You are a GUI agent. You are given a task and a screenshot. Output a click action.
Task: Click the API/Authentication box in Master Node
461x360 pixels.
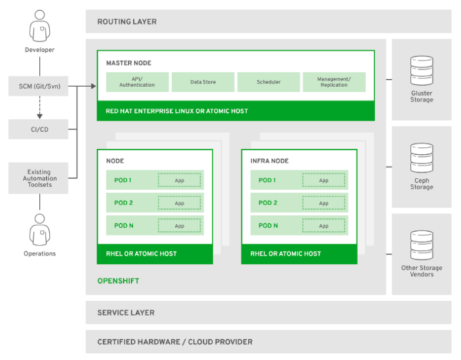pyautogui.click(x=137, y=82)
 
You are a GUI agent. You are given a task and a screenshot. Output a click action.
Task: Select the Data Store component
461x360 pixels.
pyautogui.click(x=202, y=82)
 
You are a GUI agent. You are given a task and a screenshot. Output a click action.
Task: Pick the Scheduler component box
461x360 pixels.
pyautogui.click(x=268, y=82)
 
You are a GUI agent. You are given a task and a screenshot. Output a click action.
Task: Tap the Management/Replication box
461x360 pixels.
pyautogui.click(x=334, y=82)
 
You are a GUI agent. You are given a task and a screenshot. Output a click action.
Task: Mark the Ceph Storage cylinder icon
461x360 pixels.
pyautogui.click(x=421, y=158)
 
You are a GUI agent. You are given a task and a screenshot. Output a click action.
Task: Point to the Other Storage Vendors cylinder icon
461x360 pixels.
pyautogui.click(x=421, y=246)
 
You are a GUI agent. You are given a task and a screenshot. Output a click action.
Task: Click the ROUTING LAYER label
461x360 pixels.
pyautogui.click(x=127, y=22)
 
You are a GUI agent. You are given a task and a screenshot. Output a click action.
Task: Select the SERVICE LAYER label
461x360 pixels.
pyautogui.click(x=126, y=313)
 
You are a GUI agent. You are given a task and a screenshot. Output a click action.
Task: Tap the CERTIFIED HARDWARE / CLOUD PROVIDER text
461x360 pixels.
pyautogui.click(x=175, y=342)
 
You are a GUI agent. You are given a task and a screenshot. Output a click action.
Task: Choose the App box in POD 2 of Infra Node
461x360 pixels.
pyautogui.click(x=323, y=203)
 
